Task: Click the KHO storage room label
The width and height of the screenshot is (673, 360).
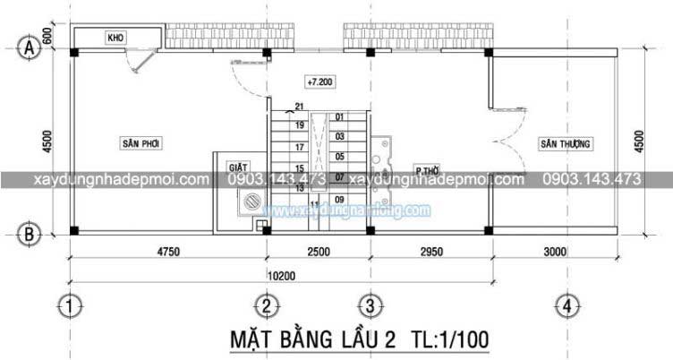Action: (x=115, y=39)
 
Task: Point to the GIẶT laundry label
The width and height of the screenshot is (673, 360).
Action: (x=236, y=167)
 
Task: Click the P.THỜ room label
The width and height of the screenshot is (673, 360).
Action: (x=425, y=169)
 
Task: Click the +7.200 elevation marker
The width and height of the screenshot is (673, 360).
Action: (x=319, y=82)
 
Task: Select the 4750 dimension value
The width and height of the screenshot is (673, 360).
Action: (x=167, y=253)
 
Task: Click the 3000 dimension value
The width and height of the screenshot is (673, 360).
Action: (x=555, y=253)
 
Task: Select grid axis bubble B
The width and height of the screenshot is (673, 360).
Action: (x=30, y=235)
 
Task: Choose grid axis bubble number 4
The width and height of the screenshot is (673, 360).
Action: (x=565, y=307)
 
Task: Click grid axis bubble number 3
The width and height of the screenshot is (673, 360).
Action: (x=366, y=307)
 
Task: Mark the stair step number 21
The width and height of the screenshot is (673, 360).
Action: (x=299, y=107)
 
